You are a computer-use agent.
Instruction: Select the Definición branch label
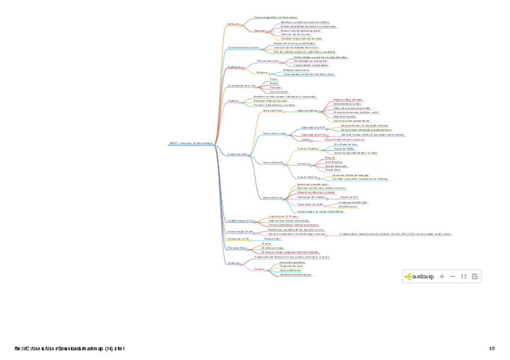point(233,24)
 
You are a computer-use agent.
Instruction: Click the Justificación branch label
point(235,67)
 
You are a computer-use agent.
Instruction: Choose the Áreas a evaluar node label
point(238,154)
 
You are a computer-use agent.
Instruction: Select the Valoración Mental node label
point(273,162)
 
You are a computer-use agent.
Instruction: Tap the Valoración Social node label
point(272,197)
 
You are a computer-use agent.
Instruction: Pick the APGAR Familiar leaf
point(348,206)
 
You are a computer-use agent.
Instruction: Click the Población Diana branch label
point(237,248)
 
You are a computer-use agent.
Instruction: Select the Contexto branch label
point(234,263)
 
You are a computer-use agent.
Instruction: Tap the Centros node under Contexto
point(260,269)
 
